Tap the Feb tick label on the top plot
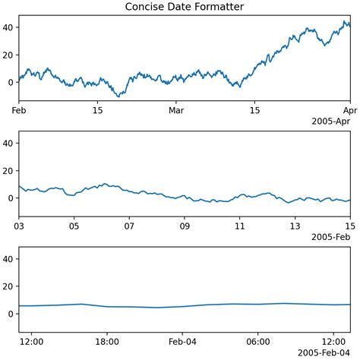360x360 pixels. [20, 112]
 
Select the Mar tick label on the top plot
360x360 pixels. [176, 112]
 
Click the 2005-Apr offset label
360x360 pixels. [330, 122]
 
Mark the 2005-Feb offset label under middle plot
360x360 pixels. [330, 237]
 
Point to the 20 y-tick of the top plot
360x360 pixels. [9, 55]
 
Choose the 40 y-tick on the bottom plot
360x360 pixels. [9, 259]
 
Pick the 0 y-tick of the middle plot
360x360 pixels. [11, 198]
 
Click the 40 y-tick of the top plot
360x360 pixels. [9, 27]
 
